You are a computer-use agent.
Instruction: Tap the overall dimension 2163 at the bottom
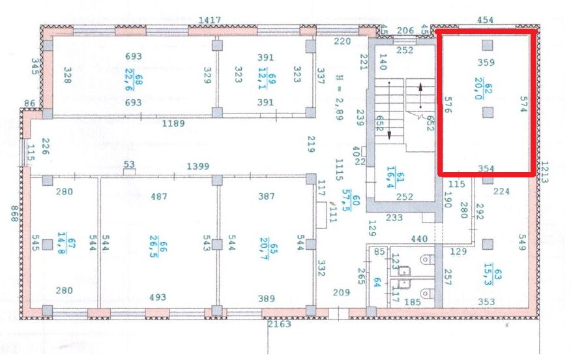pyautogui.click(x=282, y=323)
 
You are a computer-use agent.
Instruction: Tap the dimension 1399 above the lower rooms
pyautogui.click(x=198, y=166)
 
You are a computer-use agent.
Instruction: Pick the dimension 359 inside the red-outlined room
pyautogui.click(x=486, y=63)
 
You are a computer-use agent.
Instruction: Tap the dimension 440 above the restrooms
pyautogui.click(x=419, y=239)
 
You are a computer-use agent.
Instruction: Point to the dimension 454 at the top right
pyautogui.click(x=486, y=20)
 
